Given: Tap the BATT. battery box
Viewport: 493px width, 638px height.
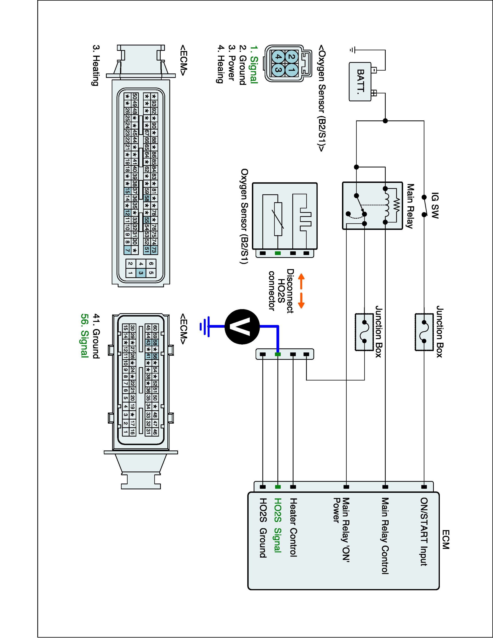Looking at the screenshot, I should [360, 81].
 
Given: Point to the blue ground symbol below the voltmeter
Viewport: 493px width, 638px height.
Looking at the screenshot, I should [204, 326].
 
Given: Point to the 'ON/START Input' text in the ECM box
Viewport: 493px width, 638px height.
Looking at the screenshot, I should [424, 532].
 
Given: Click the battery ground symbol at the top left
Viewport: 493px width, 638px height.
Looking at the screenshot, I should [352, 50].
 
